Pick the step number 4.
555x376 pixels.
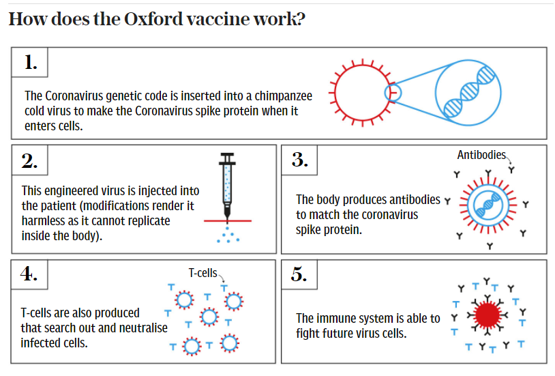click(x=29, y=274)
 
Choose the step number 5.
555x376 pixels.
click(x=300, y=274)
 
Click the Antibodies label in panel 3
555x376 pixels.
click(x=481, y=155)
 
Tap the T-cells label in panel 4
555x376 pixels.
click(x=202, y=273)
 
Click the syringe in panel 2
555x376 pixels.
click(x=227, y=188)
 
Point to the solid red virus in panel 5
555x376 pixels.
click(x=486, y=315)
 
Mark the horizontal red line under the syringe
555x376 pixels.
click(x=227, y=220)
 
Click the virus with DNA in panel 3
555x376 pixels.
click(x=487, y=203)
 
